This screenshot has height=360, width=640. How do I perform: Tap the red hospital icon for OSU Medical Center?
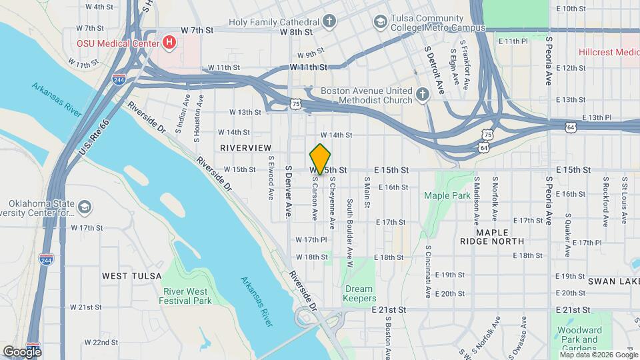coord(169,43)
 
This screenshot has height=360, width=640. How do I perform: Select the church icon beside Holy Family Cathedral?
coord(329,21)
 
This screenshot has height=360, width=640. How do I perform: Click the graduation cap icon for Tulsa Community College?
coord(380,21)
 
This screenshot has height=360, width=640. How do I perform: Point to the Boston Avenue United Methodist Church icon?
coord(422,95)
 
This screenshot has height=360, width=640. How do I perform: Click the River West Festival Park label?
coord(185,296)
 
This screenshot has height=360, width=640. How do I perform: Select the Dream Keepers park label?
coord(360,294)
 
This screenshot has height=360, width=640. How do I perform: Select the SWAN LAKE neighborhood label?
coord(612,282)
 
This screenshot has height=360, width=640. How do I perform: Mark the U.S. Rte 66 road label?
coord(93,139)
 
